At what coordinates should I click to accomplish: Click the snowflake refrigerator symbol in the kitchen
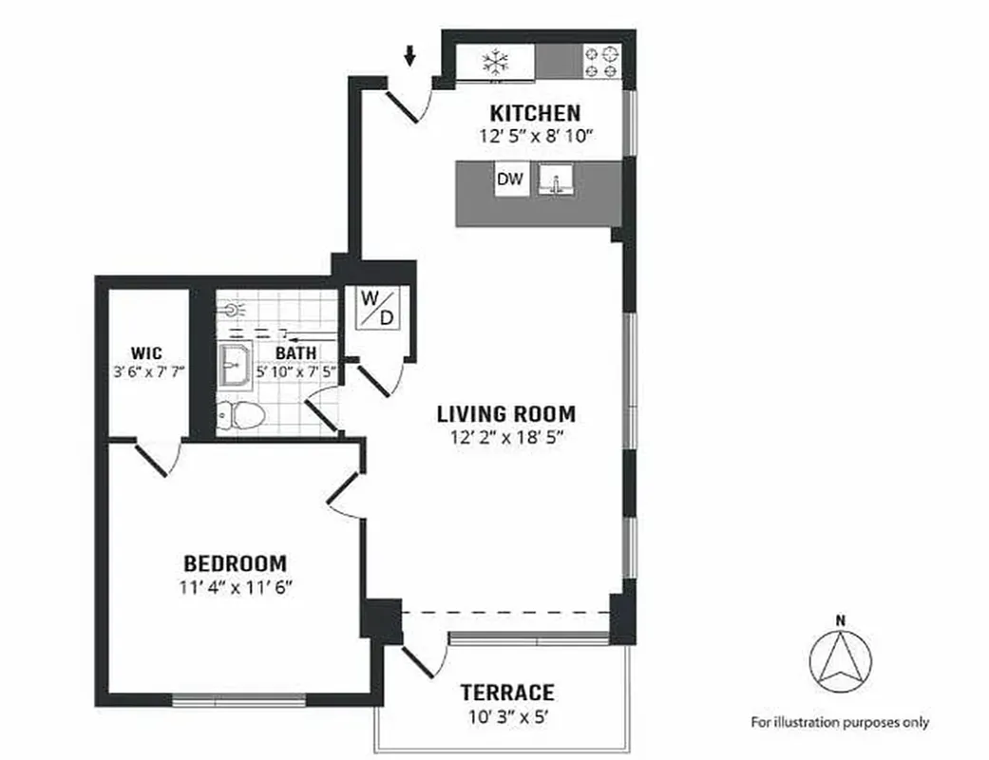pyautogui.click(x=494, y=63)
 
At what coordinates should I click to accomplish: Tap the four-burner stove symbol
pyautogui.click(x=600, y=63)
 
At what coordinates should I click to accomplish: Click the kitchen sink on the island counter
pyautogui.click(x=556, y=180)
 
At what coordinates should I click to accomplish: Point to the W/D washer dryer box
pyautogui.click(x=376, y=307)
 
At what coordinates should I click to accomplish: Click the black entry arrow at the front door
pyautogui.click(x=409, y=57)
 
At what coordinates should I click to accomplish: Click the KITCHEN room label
pyautogui.click(x=535, y=113)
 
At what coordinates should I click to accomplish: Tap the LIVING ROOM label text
pyautogui.click(x=505, y=414)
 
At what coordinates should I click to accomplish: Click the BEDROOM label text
pyautogui.click(x=236, y=562)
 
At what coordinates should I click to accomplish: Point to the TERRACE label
pyautogui.click(x=506, y=693)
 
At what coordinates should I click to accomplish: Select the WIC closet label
pyautogui.click(x=147, y=352)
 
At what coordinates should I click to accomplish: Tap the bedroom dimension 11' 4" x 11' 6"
pyautogui.click(x=236, y=586)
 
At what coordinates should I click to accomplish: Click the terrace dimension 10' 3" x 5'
pyautogui.click(x=506, y=716)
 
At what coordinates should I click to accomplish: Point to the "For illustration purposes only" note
pyautogui.click(x=840, y=722)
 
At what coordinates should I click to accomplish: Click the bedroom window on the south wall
pyautogui.click(x=239, y=701)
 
